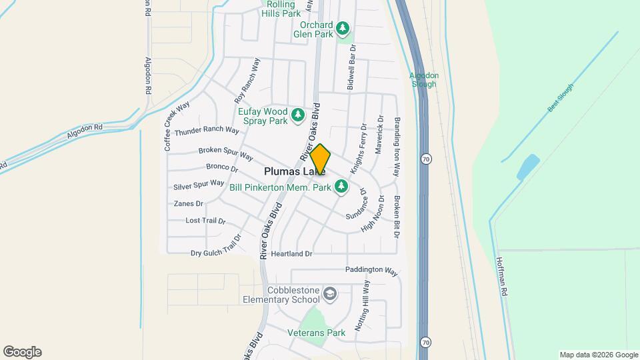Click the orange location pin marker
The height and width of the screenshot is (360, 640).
(320, 159)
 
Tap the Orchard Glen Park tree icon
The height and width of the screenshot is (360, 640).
(343, 28)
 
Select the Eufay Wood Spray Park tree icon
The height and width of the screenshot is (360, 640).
(298, 116)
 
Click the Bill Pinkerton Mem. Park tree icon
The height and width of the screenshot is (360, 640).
(342, 187)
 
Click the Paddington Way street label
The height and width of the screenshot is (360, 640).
(371, 271)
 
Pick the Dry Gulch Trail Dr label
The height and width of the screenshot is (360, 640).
(215, 253)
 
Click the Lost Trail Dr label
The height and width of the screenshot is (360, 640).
(205, 221)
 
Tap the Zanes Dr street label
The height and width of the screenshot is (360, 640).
(189, 203)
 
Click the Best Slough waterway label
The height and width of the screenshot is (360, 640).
(561, 98)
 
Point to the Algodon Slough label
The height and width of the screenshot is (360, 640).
(423, 80)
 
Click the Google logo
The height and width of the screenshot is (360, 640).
(22, 352)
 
